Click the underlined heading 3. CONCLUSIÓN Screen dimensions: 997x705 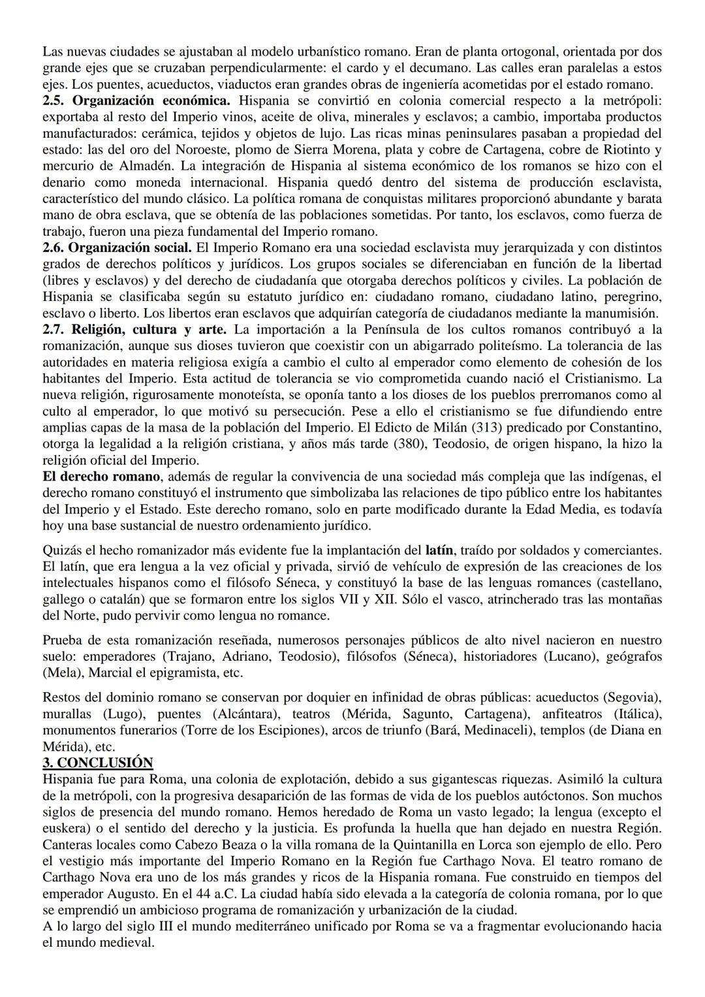(x=97, y=763)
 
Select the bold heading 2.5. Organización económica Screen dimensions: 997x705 (x=136, y=101)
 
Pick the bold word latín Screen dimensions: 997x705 (x=439, y=550)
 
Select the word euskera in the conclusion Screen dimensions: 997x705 (x=66, y=828)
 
